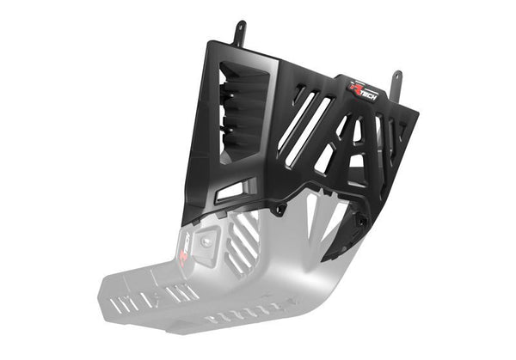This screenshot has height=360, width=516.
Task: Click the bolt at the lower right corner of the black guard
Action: tap(362, 221)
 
